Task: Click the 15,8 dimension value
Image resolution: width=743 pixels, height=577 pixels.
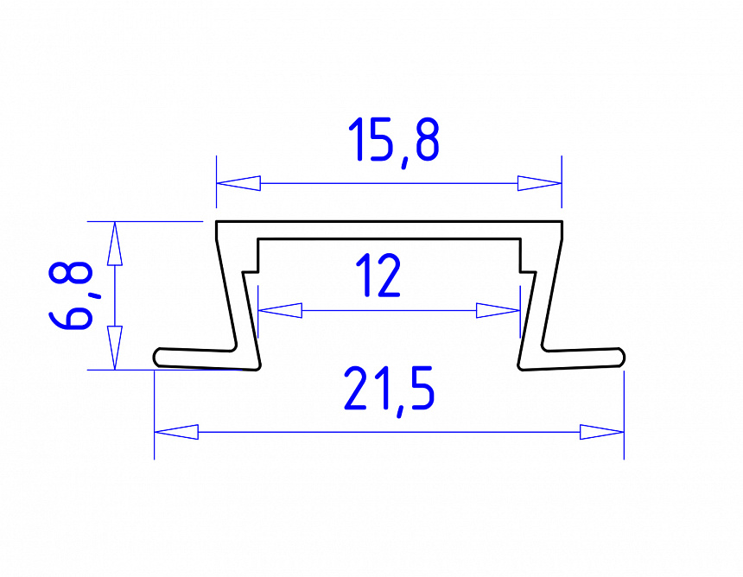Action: [x=394, y=141]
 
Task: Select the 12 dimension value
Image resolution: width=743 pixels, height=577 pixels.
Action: [x=378, y=276]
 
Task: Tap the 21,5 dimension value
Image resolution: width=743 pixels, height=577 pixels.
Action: [x=389, y=389]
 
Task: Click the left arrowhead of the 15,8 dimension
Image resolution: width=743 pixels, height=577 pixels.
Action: [x=238, y=183]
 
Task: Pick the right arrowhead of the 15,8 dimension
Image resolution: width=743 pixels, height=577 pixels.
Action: [x=539, y=183]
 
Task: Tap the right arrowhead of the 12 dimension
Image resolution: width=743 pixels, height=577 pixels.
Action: [x=498, y=309]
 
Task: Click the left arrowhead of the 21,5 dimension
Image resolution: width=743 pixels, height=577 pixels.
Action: [x=176, y=430]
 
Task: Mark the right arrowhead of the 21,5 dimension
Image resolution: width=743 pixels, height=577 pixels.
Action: [x=601, y=431]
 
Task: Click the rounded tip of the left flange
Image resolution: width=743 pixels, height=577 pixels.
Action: [x=158, y=357]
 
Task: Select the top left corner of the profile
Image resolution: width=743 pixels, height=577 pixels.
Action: [x=217, y=223]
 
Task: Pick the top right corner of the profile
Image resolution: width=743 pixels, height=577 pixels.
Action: [x=562, y=223]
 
